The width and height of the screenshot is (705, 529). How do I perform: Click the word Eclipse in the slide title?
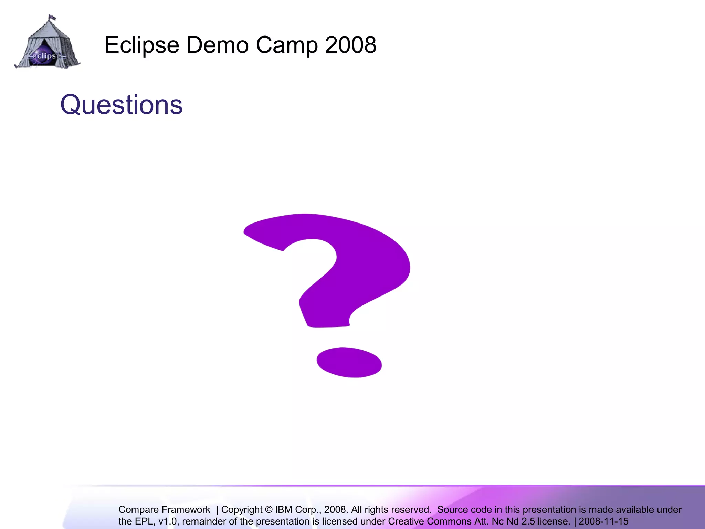click(141, 45)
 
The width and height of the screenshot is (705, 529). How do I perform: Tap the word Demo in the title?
click(217, 45)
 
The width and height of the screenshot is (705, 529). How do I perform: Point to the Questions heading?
click(121, 105)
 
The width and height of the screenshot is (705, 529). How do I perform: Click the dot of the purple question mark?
click(349, 362)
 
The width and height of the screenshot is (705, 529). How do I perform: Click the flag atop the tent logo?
click(52, 17)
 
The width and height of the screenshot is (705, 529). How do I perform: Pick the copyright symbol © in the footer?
click(269, 510)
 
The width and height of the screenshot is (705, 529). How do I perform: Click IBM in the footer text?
click(284, 510)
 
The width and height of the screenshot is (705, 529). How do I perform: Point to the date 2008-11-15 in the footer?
click(603, 521)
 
